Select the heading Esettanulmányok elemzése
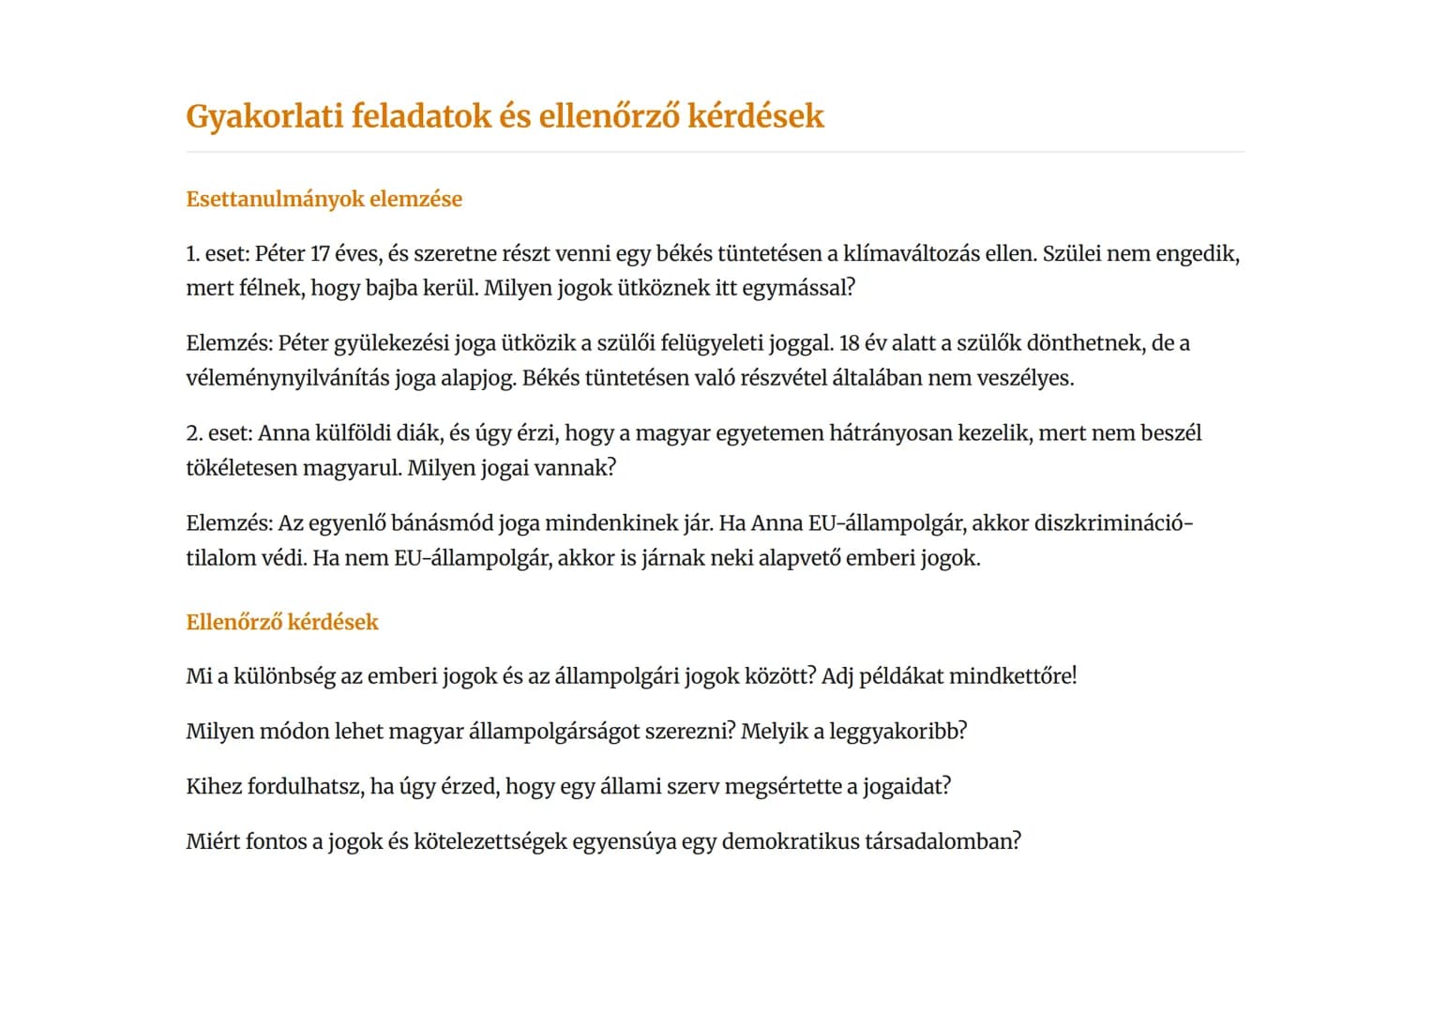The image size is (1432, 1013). click(324, 199)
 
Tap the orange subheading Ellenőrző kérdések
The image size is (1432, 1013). click(282, 622)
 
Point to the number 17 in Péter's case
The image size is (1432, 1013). click(320, 253)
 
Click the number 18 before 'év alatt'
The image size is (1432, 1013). click(850, 343)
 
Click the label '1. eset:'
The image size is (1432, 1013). click(218, 253)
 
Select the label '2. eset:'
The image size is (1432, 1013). click(219, 433)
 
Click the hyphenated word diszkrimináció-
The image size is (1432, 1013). click(1114, 522)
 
